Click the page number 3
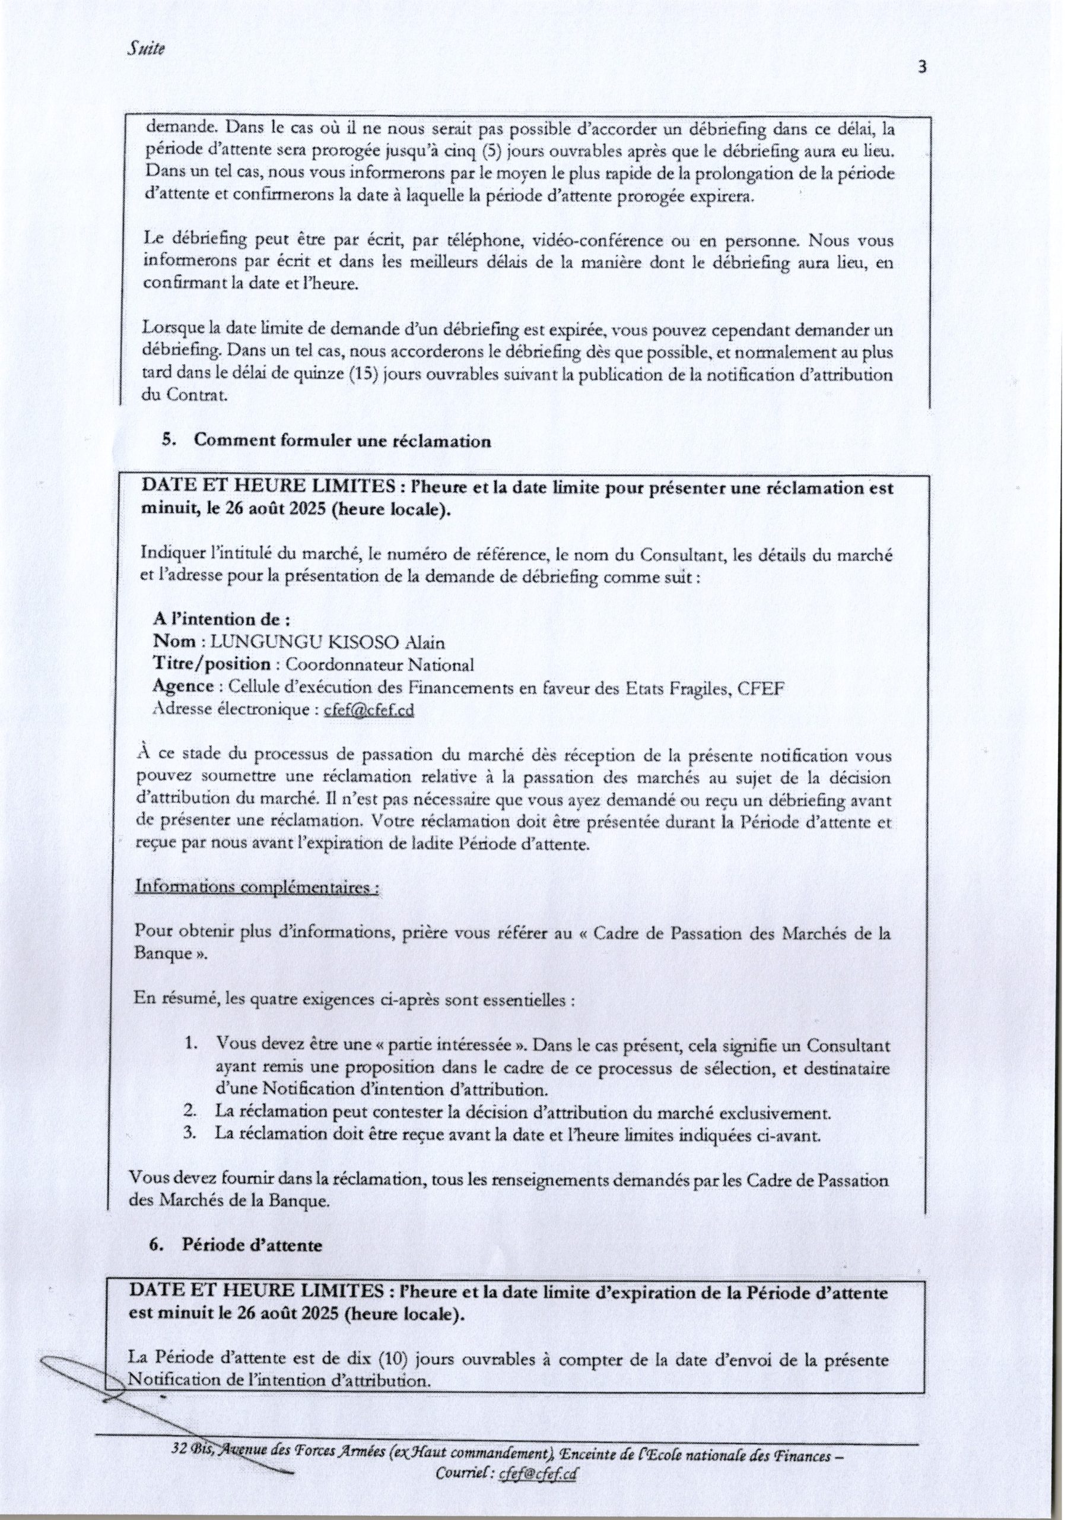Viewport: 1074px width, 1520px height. pos(923,68)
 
